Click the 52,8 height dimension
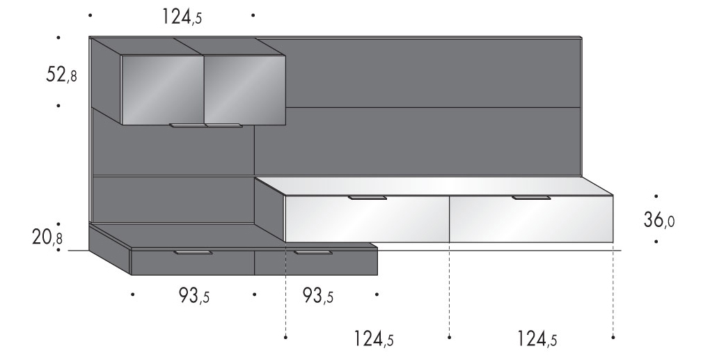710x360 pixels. tap(61, 75)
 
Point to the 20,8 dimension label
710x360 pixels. tap(47, 237)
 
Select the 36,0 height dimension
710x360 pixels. tap(659, 221)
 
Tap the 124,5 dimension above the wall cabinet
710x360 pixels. tap(182, 17)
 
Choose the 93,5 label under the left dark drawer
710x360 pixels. tap(194, 296)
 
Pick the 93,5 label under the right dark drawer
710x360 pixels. tap(317, 296)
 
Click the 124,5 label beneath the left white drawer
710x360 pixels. tap(374, 338)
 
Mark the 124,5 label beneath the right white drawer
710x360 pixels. tap(537, 338)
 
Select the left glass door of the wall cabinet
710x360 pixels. tap(163, 89)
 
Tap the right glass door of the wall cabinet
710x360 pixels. tap(244, 89)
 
